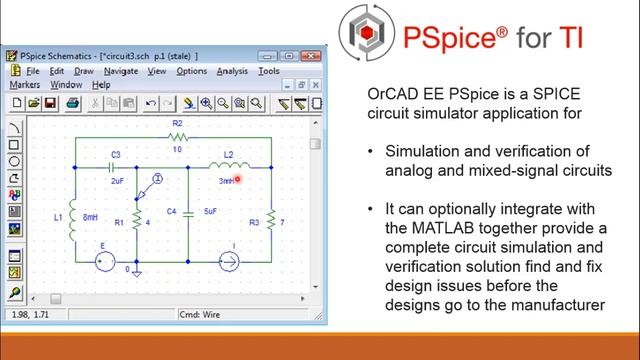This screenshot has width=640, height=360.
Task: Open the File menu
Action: pyautogui.click(x=31, y=71)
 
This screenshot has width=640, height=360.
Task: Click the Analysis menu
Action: pyautogui.click(x=232, y=71)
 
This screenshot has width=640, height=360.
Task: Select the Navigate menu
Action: pyautogui.click(x=120, y=71)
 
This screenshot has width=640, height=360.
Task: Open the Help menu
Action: pyautogui.click(x=102, y=85)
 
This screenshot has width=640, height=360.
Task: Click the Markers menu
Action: pyautogui.click(x=24, y=85)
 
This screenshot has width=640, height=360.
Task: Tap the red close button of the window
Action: pyautogui.click(x=314, y=55)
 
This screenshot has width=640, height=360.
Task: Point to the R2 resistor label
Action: pyautogui.click(x=176, y=123)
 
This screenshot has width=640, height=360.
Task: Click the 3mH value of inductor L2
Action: pyautogui.click(x=227, y=181)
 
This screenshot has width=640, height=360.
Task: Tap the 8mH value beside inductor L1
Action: pyautogui.click(x=90, y=217)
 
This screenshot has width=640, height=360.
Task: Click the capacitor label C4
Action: pyautogui.click(x=172, y=212)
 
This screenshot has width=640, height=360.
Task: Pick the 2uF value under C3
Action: pyautogui.click(x=117, y=181)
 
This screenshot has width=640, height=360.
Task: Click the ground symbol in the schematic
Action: pyautogui.click(x=138, y=270)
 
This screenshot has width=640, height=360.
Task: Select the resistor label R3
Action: pyautogui.click(x=254, y=222)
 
